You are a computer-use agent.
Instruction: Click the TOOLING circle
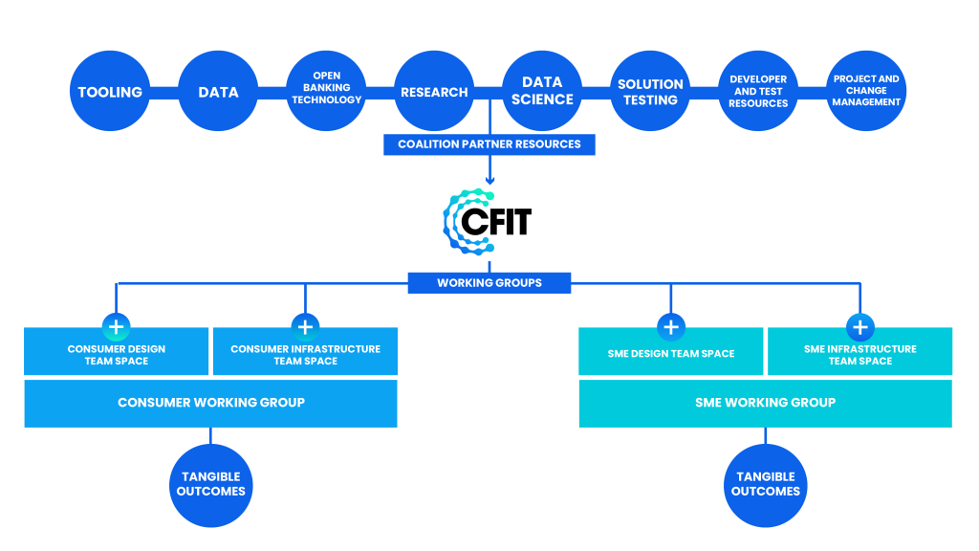click(110, 92)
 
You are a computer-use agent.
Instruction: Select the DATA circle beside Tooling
click(218, 92)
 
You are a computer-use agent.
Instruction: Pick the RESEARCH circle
click(434, 92)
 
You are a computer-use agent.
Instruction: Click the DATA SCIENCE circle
click(542, 92)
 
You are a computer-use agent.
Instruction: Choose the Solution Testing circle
click(650, 92)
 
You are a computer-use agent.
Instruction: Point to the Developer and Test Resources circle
click(758, 92)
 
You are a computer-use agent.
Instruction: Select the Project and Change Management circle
click(866, 92)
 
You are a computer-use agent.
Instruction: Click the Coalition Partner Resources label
click(489, 144)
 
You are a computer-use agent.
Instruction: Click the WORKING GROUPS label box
click(489, 283)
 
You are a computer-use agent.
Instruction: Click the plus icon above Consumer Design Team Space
click(117, 327)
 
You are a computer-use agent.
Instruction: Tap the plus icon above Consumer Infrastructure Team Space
click(305, 327)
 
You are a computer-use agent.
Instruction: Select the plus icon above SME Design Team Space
click(671, 327)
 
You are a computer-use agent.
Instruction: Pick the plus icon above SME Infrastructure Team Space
click(859, 327)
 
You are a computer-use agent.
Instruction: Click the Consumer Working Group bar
click(210, 403)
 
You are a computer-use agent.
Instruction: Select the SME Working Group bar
click(765, 403)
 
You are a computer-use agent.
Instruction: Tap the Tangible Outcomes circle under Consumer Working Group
click(210, 485)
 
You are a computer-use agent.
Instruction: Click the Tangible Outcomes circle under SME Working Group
click(765, 485)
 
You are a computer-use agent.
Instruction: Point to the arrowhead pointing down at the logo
click(489, 180)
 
